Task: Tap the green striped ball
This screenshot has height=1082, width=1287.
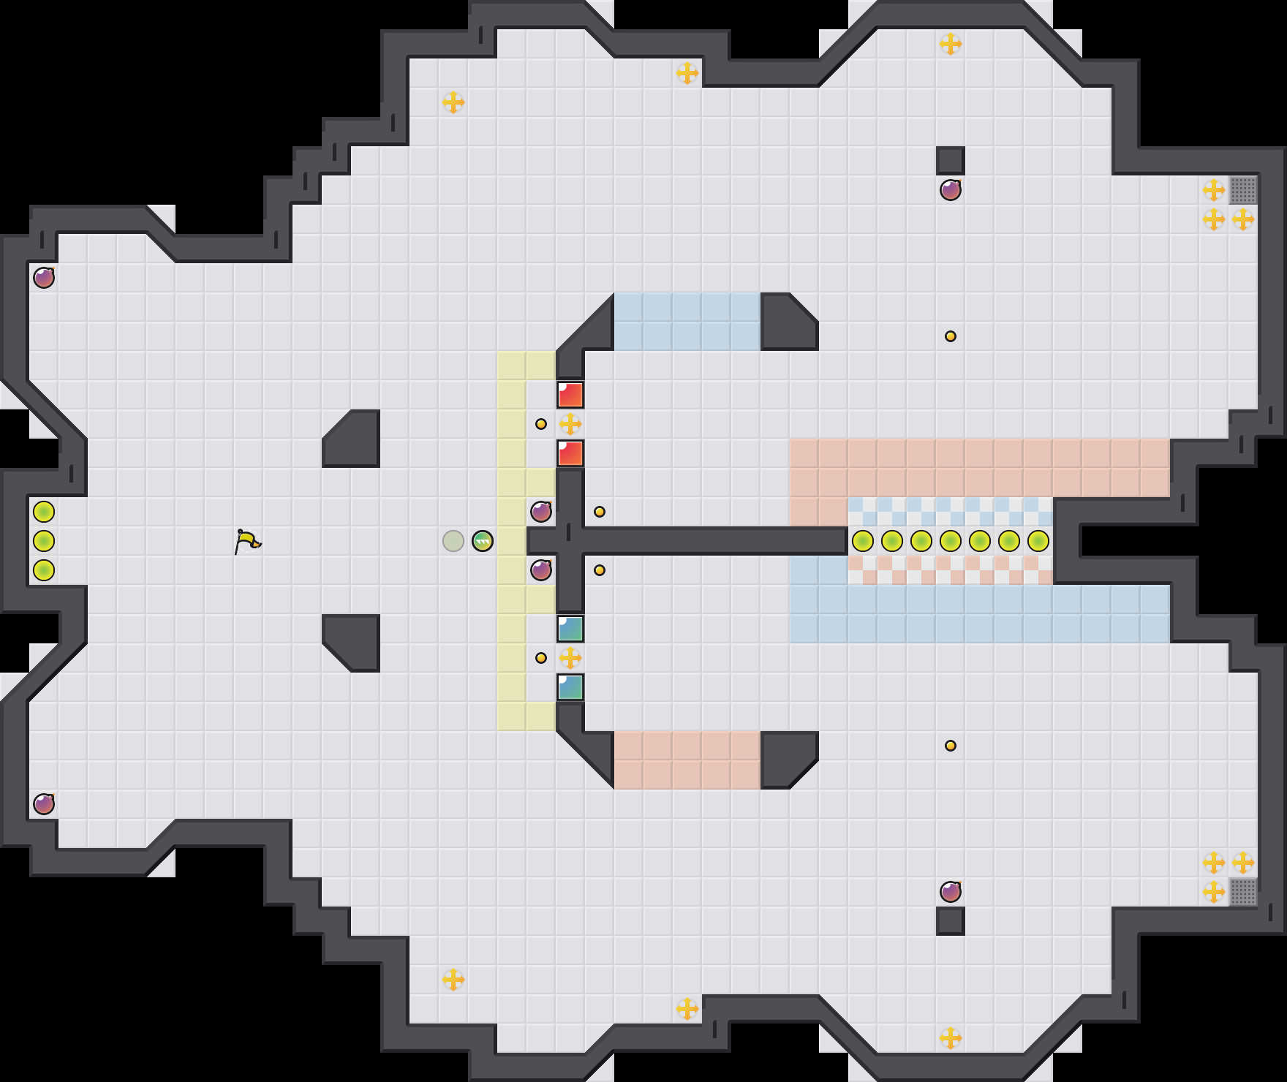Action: [x=483, y=541]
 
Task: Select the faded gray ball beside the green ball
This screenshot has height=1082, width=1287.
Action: [x=453, y=541]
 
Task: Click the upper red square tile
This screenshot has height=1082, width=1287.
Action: [x=570, y=395]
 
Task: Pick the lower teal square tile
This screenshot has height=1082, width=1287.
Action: [x=570, y=687]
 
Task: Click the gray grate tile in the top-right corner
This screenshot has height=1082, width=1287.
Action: [x=1243, y=190]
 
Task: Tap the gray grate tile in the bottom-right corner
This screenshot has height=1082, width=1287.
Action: [x=1243, y=892]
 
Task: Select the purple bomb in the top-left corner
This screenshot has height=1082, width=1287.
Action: [x=44, y=278]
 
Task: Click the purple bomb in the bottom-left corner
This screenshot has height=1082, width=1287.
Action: [x=44, y=804]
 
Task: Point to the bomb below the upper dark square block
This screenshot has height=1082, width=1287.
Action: [x=951, y=190]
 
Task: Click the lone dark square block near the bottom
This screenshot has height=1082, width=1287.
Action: [x=951, y=921]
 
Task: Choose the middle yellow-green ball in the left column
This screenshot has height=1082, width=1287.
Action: [x=44, y=541]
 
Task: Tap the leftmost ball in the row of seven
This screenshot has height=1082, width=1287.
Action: [x=863, y=541]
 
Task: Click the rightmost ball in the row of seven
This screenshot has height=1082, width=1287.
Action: [x=1038, y=541]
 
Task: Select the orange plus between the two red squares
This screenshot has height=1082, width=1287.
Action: [x=570, y=424]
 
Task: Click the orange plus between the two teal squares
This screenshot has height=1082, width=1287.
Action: [x=570, y=658]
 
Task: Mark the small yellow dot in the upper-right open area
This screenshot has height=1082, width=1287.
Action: [x=951, y=336]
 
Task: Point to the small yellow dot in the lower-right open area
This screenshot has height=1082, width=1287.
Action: [x=951, y=746]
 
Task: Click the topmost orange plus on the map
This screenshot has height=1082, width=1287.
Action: [x=951, y=44]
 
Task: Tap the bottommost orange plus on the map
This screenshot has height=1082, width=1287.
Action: [x=951, y=1038]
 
